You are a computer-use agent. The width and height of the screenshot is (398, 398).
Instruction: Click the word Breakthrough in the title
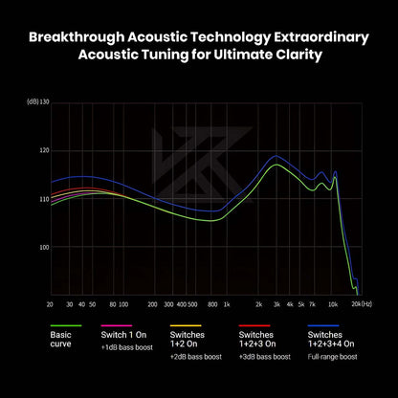pos(77,37)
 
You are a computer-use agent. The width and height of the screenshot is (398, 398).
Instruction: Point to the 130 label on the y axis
pos(45,102)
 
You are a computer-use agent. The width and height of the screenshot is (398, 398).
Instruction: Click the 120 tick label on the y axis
pos(44,150)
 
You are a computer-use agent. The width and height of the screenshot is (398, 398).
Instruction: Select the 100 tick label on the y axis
pos(44,247)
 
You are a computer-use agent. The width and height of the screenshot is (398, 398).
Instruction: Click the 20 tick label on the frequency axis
pos(50,304)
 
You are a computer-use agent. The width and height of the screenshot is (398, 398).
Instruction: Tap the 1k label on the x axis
pos(227,304)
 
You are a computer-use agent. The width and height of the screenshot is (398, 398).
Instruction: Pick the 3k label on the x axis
pos(276,304)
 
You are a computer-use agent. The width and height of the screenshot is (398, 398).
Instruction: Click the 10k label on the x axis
pos(333,304)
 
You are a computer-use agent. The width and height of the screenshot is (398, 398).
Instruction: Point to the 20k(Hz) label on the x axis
pos(362,304)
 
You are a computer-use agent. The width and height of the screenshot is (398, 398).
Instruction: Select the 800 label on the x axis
pos(212,304)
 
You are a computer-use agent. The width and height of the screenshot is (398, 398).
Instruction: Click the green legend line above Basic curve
pos(66,325)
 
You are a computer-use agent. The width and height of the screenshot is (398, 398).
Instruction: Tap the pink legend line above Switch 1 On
pos(117,325)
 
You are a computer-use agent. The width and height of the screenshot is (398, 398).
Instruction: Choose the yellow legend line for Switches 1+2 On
pos(186,325)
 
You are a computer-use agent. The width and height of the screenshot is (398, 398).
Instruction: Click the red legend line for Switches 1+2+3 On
pos(254,325)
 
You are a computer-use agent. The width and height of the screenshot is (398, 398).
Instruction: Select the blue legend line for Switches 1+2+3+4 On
pos(323,325)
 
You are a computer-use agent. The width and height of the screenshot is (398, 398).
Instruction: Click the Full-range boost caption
pos(332,357)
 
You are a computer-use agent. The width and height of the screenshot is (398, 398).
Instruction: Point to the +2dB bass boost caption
pos(196,357)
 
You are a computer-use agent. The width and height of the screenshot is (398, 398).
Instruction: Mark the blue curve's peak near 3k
pos(276,156)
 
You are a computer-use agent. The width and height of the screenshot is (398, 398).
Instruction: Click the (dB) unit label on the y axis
pos(33,102)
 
